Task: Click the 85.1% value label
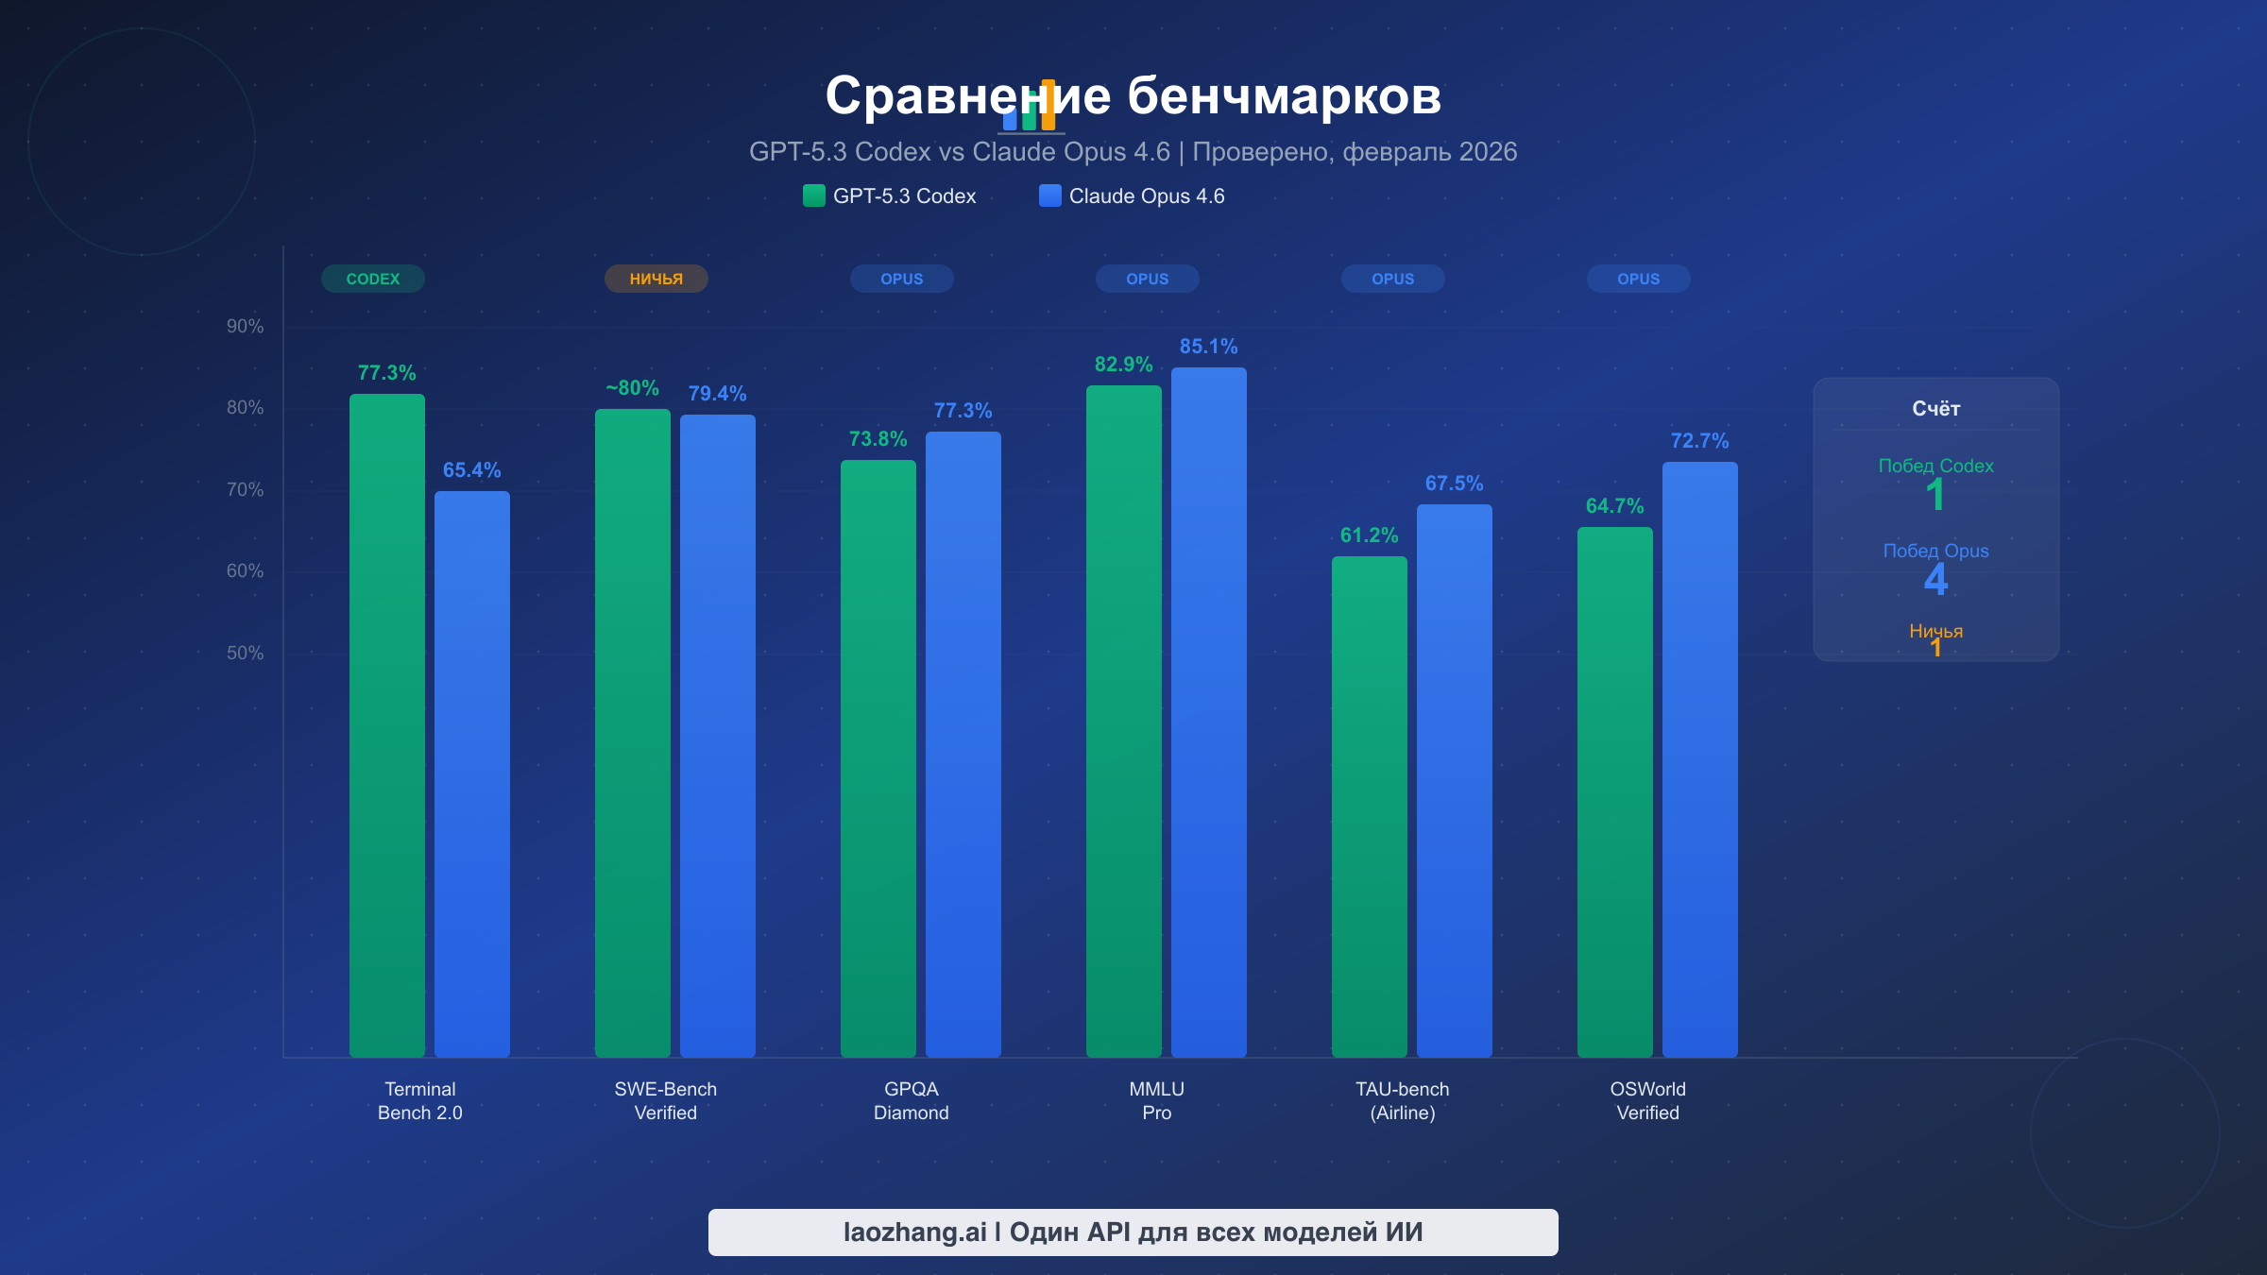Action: [x=1208, y=347]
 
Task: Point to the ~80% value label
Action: [x=632, y=388]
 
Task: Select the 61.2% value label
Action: [x=1369, y=535]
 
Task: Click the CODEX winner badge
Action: [x=373, y=279]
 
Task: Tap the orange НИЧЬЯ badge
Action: [x=656, y=279]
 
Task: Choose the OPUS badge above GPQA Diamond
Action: [x=902, y=279]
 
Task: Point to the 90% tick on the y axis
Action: [x=245, y=327]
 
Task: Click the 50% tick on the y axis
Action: [x=245, y=654]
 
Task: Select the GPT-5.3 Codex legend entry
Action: [x=890, y=196]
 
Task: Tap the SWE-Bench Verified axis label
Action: [x=666, y=1101]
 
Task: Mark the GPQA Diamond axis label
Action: [x=912, y=1101]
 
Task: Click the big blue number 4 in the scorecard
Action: [x=1935, y=579]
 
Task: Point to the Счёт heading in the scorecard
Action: [x=1935, y=409]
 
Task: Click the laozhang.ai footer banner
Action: [x=1133, y=1232]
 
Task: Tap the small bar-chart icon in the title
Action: [x=1030, y=108]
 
